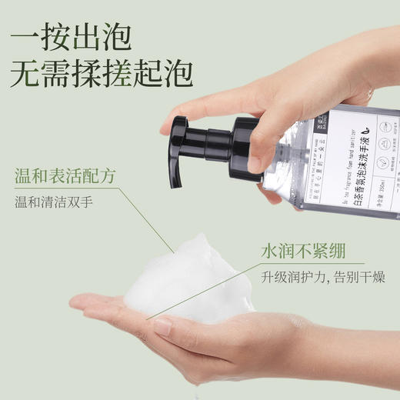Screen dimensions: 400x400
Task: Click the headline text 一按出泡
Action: tap(72, 35)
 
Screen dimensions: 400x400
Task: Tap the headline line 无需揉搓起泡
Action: tap(101, 72)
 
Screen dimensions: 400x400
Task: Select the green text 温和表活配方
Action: tap(65, 176)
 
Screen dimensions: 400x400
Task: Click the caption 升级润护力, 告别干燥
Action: tap(328, 277)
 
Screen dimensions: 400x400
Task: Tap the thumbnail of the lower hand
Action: tap(162, 326)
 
